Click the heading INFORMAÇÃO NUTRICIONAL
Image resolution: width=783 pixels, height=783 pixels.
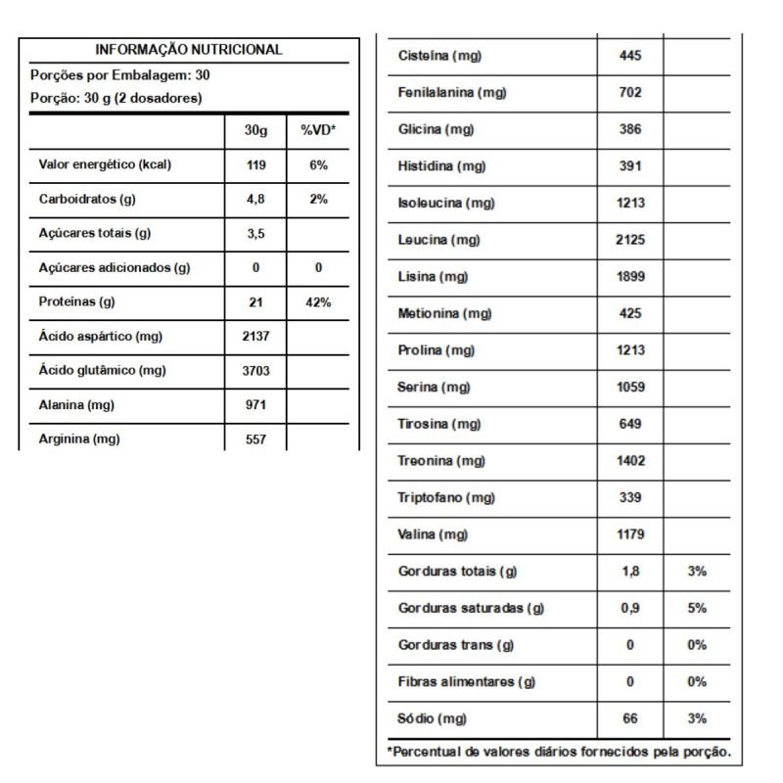click(x=189, y=49)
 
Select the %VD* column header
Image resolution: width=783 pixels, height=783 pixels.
click(x=318, y=130)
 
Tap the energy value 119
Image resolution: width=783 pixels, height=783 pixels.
click(x=255, y=165)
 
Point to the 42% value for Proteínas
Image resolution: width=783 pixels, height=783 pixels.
click(x=318, y=302)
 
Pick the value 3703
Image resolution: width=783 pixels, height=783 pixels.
click(x=255, y=370)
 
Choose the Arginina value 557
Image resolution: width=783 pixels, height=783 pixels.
click(x=255, y=439)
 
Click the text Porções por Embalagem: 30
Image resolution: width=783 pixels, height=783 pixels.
click(x=120, y=74)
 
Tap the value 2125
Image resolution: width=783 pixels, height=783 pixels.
click(x=631, y=240)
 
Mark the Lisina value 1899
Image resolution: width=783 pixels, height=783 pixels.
click(x=631, y=277)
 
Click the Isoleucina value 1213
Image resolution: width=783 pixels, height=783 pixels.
click(x=631, y=204)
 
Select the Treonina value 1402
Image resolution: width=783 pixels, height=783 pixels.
click(x=631, y=461)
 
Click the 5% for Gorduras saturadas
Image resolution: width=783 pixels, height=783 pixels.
click(x=697, y=608)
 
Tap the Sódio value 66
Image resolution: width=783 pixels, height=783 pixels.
click(x=630, y=719)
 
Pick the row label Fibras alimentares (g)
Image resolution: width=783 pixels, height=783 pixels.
click(x=467, y=682)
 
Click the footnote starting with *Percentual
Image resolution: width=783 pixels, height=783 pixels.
click(x=558, y=752)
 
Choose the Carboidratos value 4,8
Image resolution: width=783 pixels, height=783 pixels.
click(x=255, y=200)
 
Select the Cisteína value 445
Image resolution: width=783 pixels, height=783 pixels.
click(x=631, y=56)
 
